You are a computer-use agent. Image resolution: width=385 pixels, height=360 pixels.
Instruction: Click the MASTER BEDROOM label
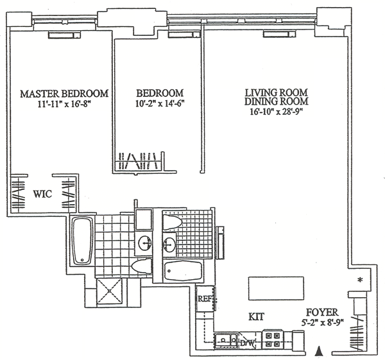pos(64,94)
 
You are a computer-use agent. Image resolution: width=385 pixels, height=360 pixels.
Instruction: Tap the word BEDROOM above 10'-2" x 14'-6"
pos(160,93)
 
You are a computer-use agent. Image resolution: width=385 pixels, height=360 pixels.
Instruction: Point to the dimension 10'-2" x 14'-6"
pos(160,103)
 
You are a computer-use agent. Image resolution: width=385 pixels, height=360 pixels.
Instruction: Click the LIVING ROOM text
pos(277,92)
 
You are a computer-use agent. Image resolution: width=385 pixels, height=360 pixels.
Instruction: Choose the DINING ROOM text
pos(276,101)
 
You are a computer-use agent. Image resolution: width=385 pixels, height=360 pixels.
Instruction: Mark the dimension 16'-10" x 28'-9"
pos(276,112)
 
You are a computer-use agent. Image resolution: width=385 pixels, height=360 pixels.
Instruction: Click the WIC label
pos(43,194)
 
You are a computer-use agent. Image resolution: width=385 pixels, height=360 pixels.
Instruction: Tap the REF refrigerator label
pos(205,299)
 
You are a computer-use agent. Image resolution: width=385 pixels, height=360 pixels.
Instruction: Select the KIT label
pos(256,316)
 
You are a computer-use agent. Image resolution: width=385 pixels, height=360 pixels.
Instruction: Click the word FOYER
pos(322,313)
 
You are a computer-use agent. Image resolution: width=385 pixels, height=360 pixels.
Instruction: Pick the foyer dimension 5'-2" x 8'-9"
pos(322,322)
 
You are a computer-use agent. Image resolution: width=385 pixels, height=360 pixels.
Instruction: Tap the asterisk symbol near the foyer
pos(360,280)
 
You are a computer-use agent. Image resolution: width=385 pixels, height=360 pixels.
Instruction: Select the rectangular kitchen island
pos(276,288)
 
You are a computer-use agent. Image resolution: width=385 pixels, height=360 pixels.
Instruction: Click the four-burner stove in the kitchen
pos(273,339)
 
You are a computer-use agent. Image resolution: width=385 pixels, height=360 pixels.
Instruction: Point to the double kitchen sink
pos(227,340)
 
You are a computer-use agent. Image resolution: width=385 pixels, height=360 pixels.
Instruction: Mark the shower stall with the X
pos(109,291)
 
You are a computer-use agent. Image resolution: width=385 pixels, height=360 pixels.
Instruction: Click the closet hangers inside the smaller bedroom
pos(138,161)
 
